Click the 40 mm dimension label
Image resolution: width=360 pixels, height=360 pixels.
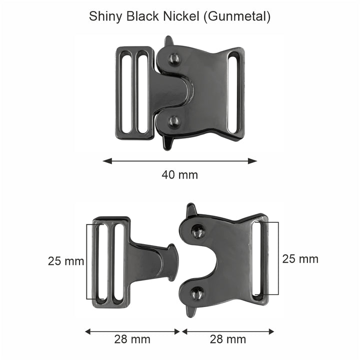point(179,175)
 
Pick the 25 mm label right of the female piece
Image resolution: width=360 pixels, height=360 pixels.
point(300,259)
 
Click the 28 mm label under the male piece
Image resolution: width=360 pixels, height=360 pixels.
point(132,340)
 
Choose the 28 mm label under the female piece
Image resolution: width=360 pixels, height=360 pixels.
point(228,340)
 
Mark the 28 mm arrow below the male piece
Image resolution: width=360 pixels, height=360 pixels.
point(132,331)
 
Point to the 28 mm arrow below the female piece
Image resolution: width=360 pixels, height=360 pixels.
point(228,331)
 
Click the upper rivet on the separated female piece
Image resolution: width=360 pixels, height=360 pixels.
point(198,231)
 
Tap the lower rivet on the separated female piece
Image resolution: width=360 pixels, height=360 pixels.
point(197,294)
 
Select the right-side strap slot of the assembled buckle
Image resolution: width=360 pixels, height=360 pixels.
point(234,91)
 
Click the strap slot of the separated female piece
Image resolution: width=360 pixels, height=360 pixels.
point(259,258)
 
